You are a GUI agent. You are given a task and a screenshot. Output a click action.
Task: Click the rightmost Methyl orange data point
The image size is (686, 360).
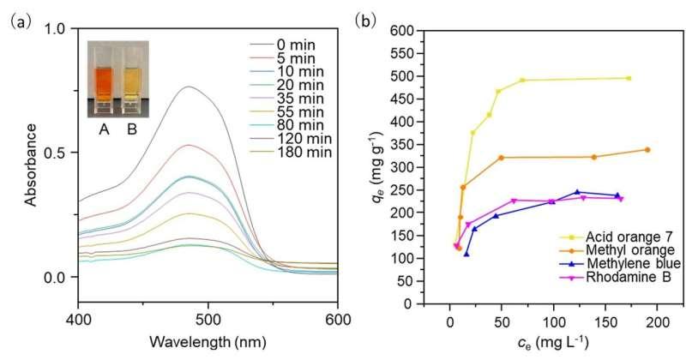[647, 150]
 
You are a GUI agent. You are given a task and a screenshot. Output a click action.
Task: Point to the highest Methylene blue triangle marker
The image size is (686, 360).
[577, 192]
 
